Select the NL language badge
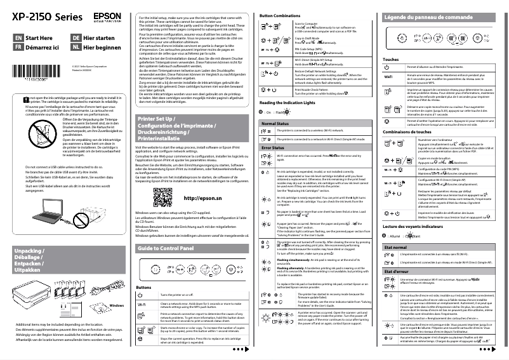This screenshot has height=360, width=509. tap(75, 47)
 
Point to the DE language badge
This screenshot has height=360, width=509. tap(75, 38)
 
